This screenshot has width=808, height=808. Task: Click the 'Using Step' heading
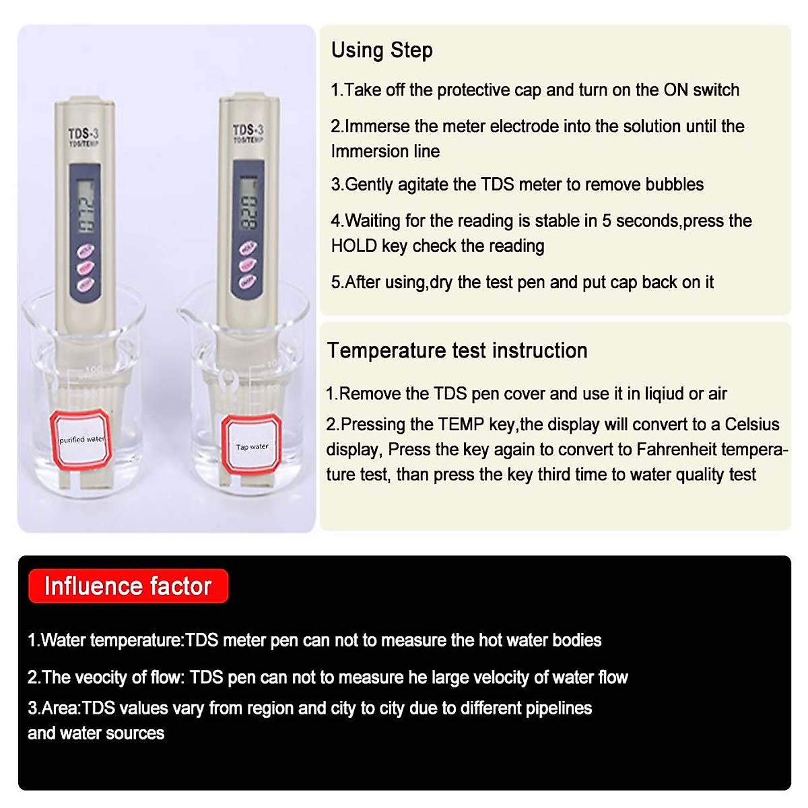coord(382,50)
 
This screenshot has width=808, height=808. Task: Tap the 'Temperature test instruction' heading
coord(457,351)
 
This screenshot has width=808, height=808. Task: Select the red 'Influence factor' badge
coord(128,586)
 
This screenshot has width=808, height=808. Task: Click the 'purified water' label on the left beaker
coord(81,440)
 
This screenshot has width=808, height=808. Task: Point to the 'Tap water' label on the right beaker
coord(252,446)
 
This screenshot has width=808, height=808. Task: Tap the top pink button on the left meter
coord(86,252)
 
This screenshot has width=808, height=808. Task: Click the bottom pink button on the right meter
coord(248,281)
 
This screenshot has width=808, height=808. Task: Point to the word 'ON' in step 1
coord(675,90)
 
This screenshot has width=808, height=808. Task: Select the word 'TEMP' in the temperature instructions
coord(461,425)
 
